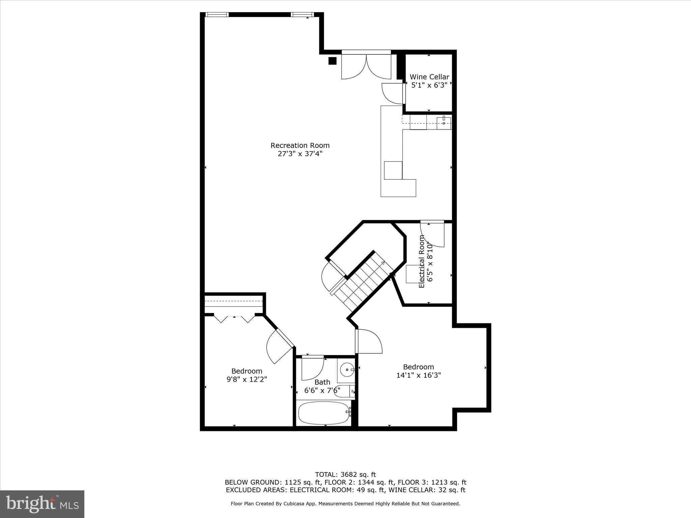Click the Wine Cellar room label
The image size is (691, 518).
coord(429,77)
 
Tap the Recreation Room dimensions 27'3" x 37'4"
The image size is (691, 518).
coord(300,154)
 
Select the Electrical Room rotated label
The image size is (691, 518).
coord(422,262)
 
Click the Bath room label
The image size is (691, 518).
coord(322,382)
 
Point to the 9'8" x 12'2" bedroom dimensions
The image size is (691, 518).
coord(247,379)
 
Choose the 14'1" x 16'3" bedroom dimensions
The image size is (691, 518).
coord(418,375)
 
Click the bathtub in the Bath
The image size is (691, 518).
coord(324,413)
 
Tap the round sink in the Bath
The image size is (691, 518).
coord(346,370)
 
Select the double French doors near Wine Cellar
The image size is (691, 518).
coord(366,66)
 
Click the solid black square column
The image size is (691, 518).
coord(332,61)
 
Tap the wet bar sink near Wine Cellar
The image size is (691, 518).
coord(444,123)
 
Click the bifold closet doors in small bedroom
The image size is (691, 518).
coord(234,318)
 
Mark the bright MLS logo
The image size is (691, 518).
coord(42,504)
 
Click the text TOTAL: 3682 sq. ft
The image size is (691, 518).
coord(345,474)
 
